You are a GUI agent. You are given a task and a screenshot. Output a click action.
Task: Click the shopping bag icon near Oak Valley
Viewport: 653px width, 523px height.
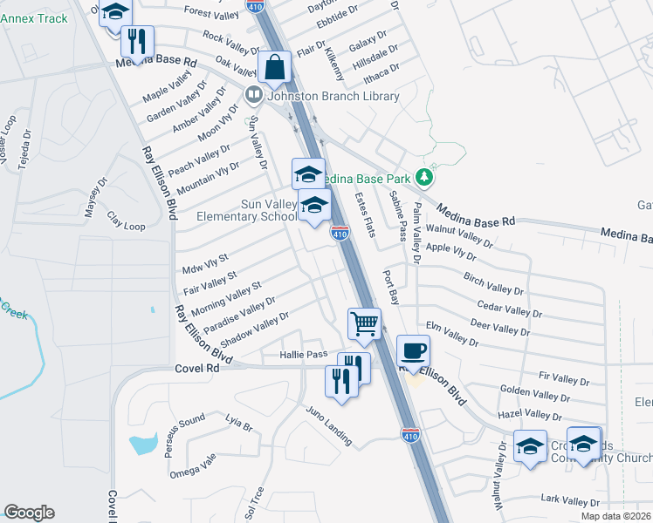(274, 67)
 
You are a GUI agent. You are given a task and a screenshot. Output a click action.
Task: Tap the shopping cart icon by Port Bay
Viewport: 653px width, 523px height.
(364, 323)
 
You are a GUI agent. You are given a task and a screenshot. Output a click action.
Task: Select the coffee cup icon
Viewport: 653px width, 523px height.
(414, 351)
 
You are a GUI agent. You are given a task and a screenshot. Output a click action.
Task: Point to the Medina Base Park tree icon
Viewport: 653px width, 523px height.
(425, 177)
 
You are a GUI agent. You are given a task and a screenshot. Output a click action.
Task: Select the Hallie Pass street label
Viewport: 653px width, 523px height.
(303, 355)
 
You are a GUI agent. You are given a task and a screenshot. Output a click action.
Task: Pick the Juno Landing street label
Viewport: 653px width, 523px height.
(328, 425)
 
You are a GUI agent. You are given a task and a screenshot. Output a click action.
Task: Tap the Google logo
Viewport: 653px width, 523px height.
(29, 513)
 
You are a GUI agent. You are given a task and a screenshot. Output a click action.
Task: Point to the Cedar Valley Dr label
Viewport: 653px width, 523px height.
(510, 309)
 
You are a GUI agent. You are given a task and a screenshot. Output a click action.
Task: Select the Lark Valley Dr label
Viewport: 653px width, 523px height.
(570, 501)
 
